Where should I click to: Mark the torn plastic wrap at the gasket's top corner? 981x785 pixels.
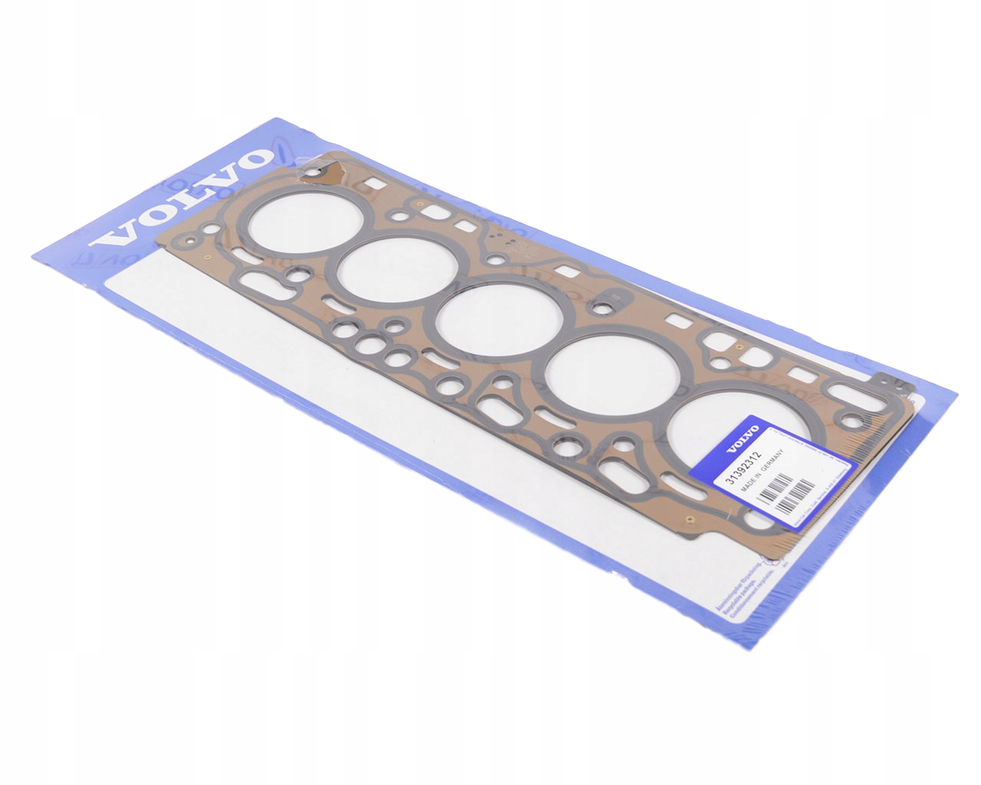click(x=326, y=170)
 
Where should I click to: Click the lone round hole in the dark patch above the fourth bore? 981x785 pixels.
click(x=605, y=309)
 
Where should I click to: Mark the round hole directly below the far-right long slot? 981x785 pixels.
click(x=850, y=419)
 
